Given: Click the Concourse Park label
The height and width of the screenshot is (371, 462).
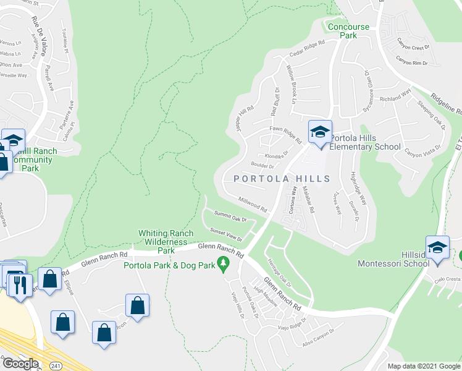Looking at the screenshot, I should [348, 31].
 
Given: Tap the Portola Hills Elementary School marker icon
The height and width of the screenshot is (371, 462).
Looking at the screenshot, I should [321, 132].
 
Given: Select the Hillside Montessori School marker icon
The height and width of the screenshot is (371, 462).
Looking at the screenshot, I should [437, 248].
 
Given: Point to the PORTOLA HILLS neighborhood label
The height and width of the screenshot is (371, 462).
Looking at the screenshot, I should [282, 179].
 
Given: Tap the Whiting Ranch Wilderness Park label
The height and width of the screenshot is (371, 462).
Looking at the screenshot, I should [163, 242].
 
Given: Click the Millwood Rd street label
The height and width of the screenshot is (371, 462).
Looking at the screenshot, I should [252, 203].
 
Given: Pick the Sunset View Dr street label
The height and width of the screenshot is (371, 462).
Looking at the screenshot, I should [224, 233].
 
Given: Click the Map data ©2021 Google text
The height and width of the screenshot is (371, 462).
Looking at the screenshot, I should [423, 366].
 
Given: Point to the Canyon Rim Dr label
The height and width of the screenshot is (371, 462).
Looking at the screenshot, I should [411, 62].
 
